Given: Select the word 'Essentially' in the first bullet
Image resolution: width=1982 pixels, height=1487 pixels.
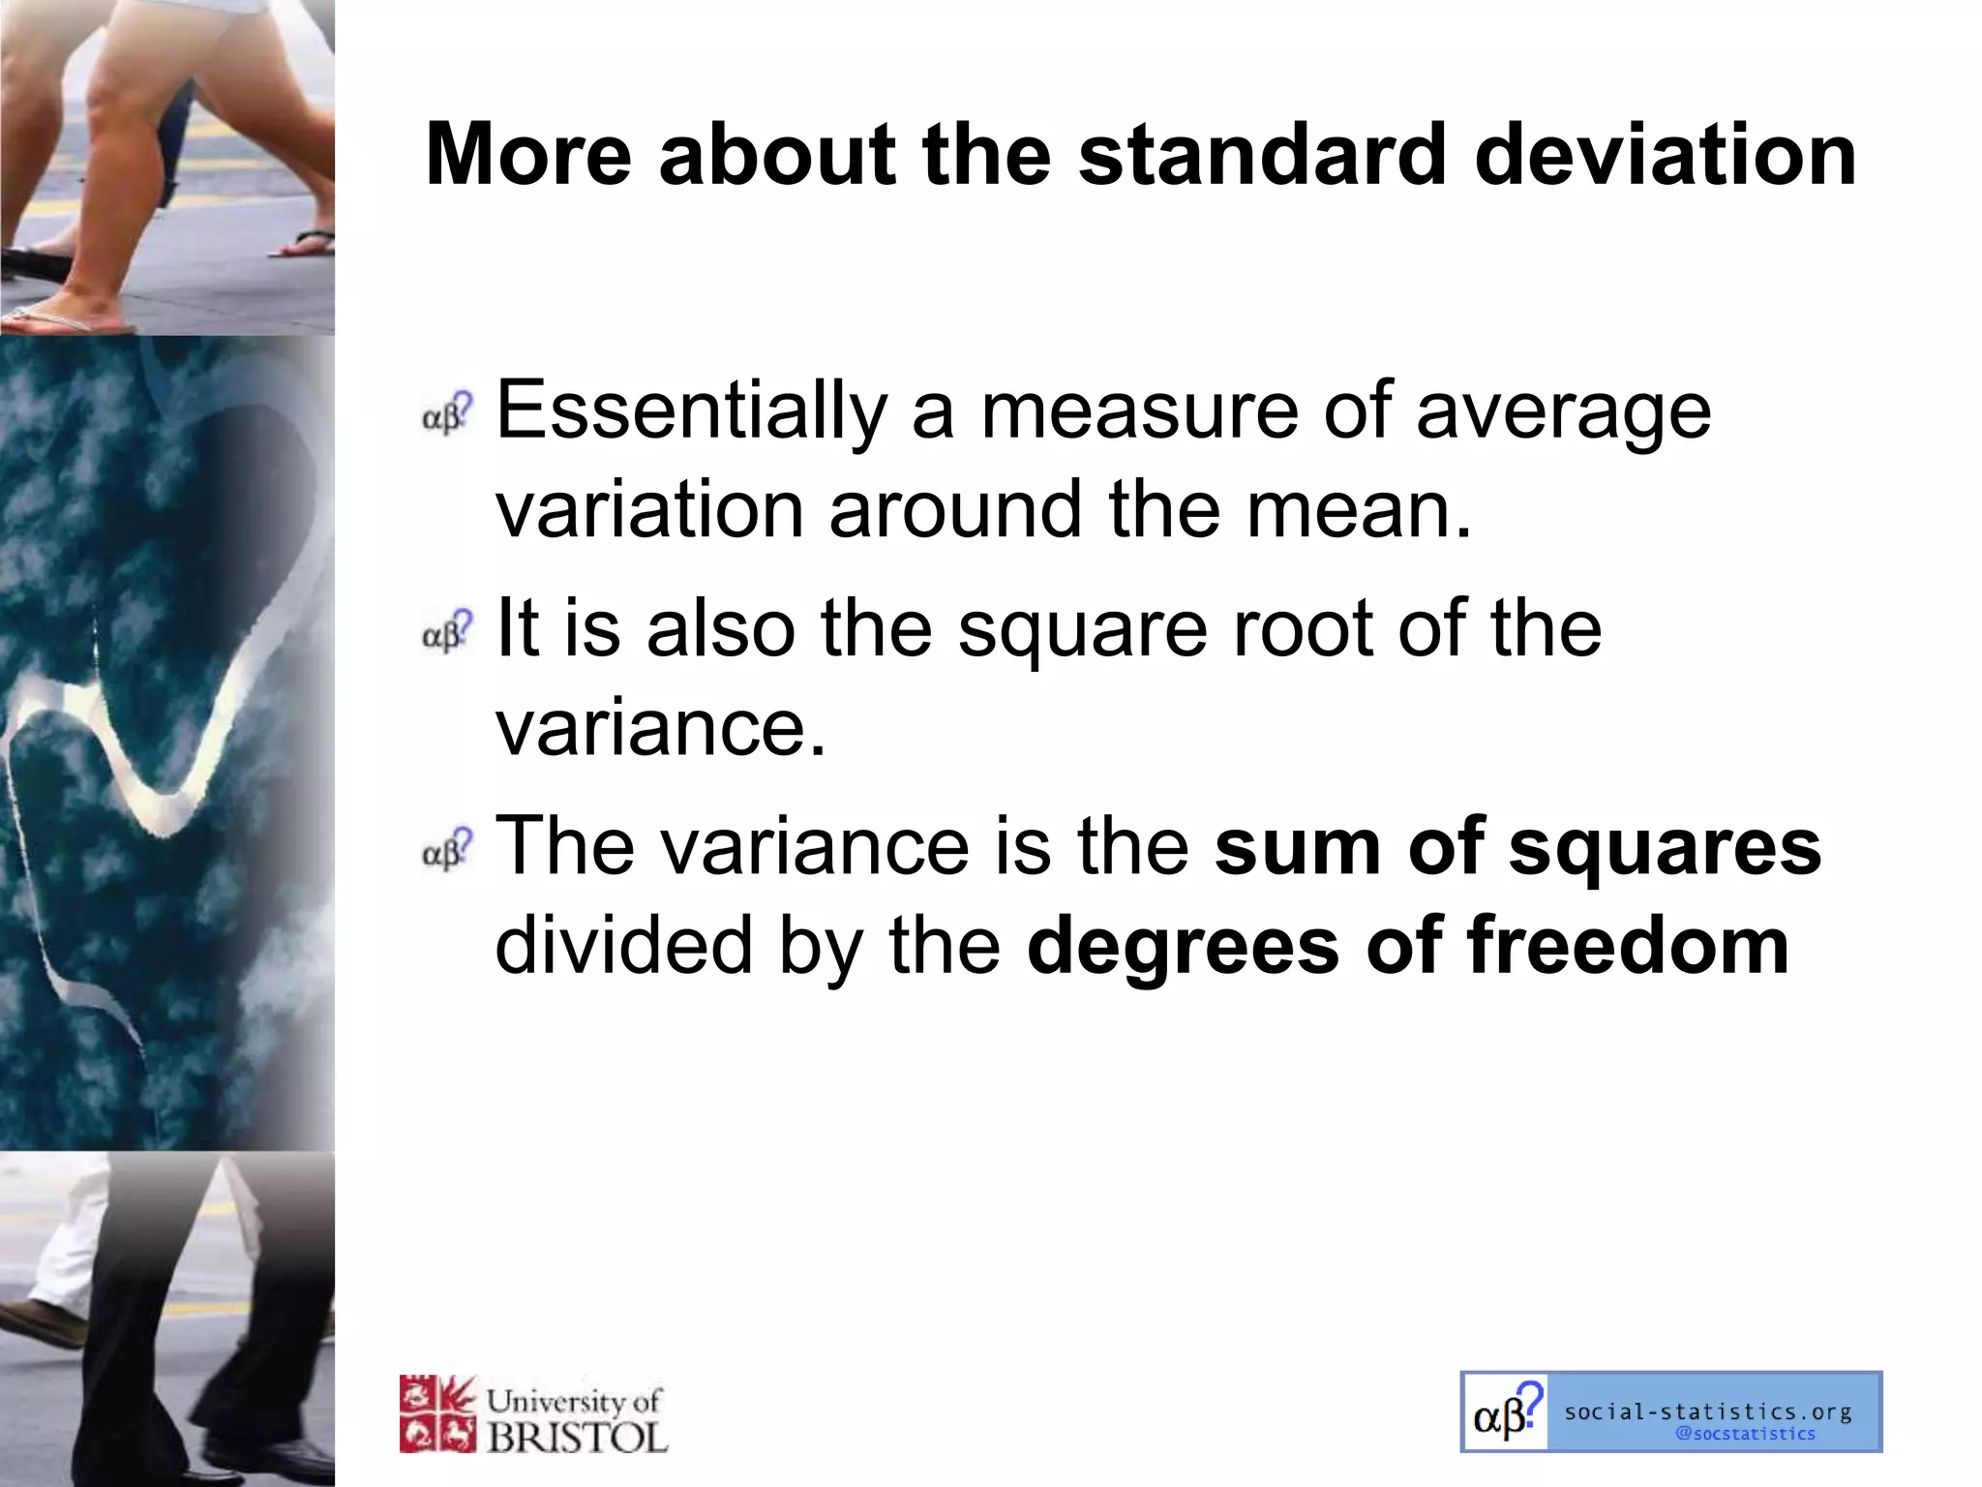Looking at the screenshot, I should pos(691,411).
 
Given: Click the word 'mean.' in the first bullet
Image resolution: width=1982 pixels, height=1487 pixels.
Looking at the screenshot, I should pos(1359,510).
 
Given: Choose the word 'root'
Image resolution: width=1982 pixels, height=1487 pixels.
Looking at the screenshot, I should pos(1302,628).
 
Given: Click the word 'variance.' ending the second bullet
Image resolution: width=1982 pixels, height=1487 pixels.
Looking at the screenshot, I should pos(661,728).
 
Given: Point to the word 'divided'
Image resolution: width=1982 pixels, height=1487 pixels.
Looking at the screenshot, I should pos(623,946).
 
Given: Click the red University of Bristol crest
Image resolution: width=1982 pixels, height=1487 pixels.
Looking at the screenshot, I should pos(437,1413).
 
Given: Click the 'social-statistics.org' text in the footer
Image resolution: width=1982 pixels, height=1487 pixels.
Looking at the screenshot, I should pos(1708,1411).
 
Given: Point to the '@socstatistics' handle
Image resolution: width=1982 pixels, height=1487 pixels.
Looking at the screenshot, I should pos(1746,1434).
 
